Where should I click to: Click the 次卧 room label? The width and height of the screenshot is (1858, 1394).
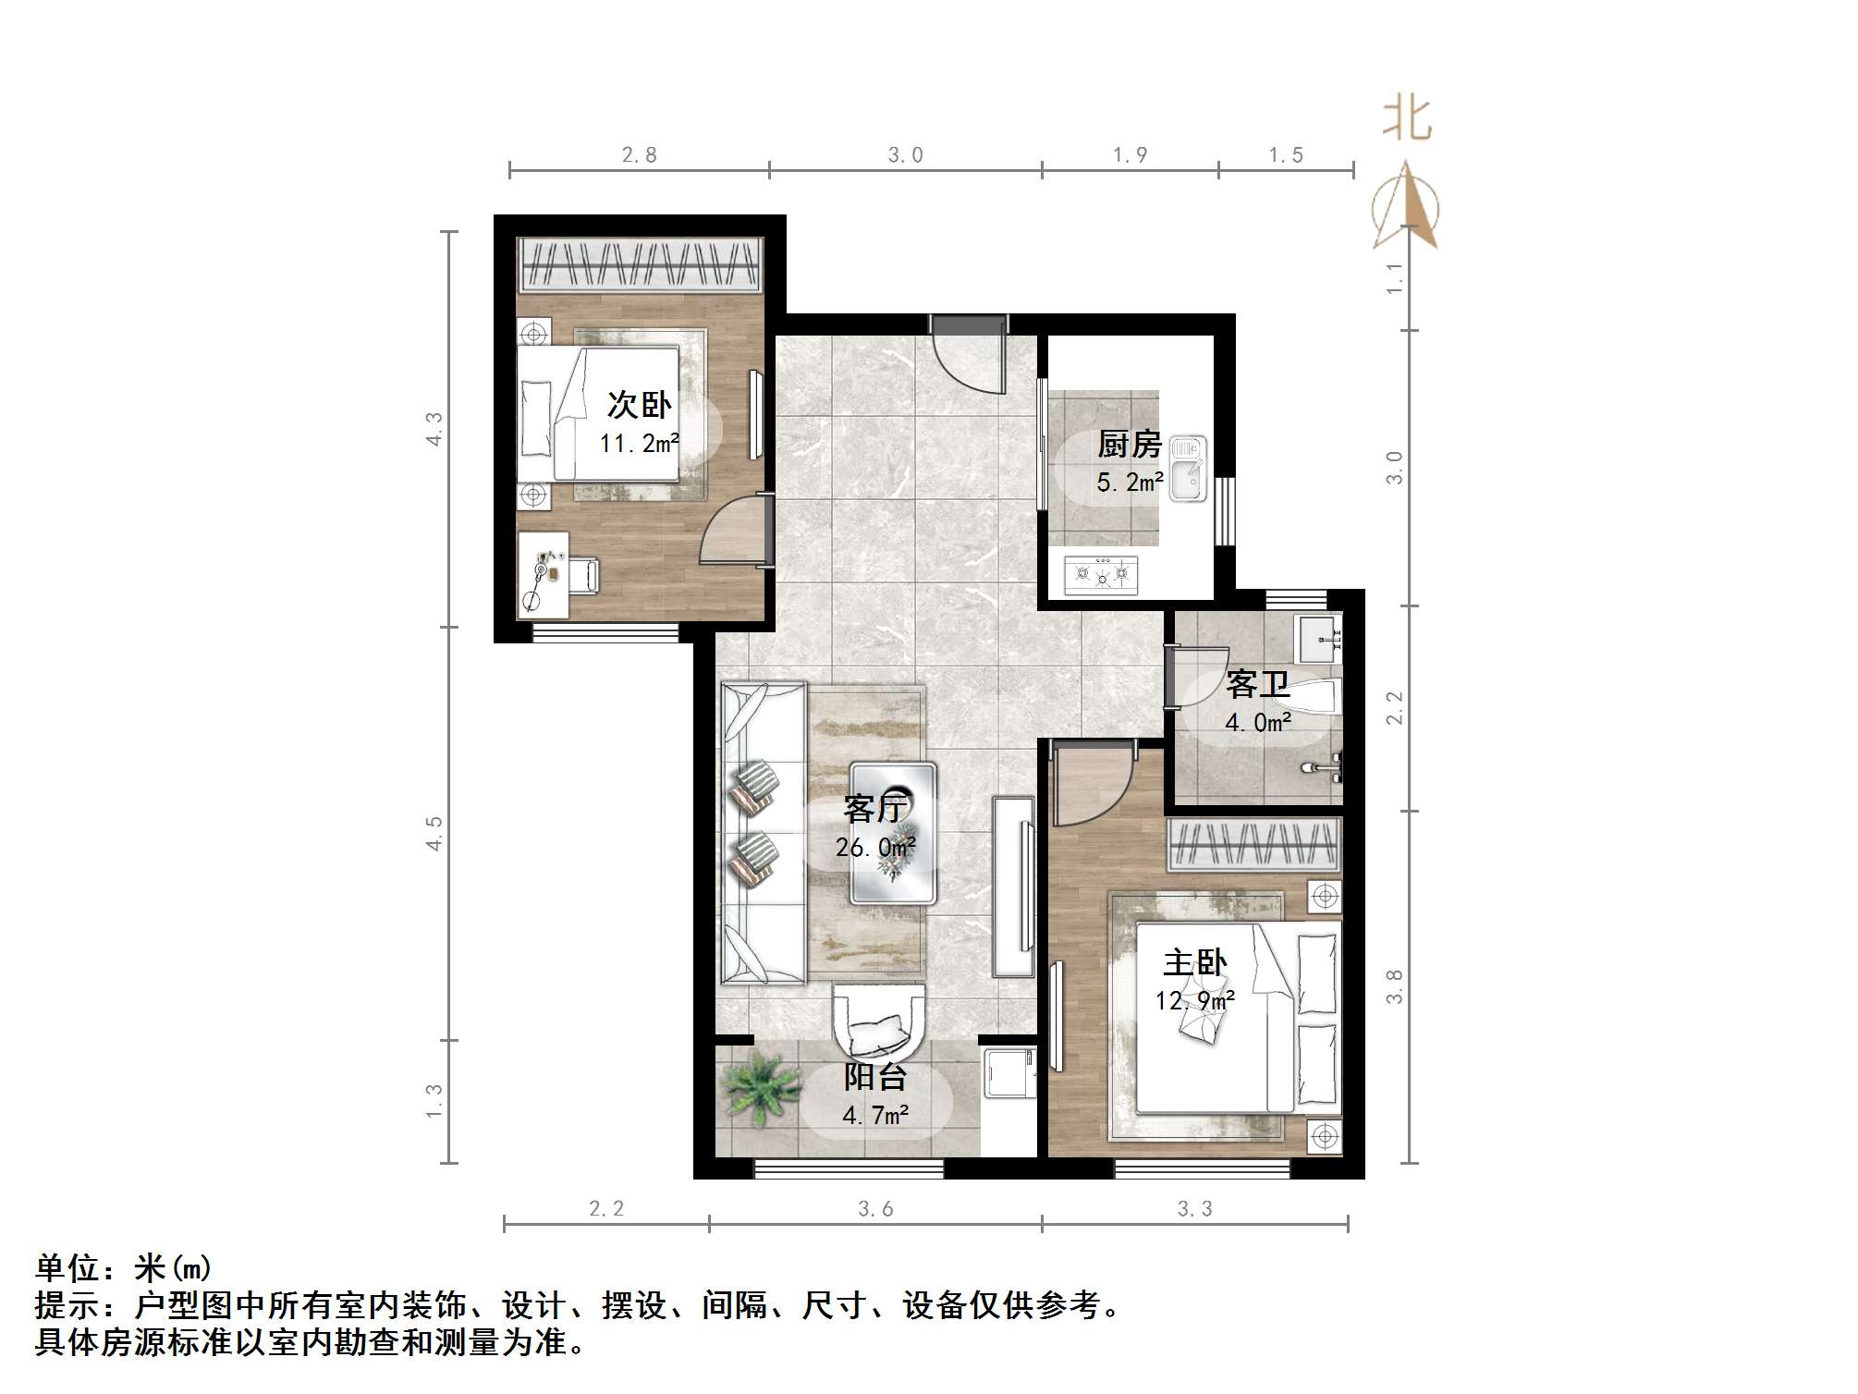pos(639,405)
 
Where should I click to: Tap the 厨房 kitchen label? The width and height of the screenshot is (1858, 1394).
pos(1129,445)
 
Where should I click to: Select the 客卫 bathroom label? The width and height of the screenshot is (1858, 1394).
pos(1257,685)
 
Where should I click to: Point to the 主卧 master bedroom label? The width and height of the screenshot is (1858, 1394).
pos(1194,963)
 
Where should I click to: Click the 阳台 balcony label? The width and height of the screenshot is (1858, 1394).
pos(874,1077)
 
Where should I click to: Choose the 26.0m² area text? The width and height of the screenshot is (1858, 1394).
pos(875,847)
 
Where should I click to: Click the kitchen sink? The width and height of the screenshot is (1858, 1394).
pos(1188,469)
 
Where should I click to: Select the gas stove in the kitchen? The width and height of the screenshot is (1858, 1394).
pos(1101,574)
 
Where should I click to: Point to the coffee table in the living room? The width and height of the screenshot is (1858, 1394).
pos(893,832)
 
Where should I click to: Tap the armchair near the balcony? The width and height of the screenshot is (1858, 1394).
pos(878,1021)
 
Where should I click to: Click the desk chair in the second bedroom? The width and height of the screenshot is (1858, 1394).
pos(582,574)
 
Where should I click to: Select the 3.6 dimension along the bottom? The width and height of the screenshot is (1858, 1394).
pos(875,1208)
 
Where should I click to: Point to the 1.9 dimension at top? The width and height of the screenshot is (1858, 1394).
pos(1130,155)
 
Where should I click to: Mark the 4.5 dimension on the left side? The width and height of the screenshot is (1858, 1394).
pos(434,833)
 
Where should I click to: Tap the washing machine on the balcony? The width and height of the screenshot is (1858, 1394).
pos(1008,1072)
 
